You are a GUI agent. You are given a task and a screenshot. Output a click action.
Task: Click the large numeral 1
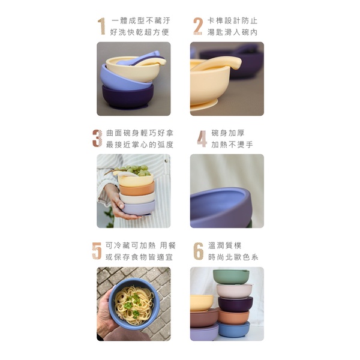[x=101, y=26]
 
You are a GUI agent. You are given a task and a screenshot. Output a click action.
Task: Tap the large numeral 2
[x=197, y=26]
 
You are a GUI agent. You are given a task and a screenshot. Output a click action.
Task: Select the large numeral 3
[x=97, y=138]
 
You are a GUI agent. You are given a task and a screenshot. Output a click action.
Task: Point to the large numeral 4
[x=202, y=139]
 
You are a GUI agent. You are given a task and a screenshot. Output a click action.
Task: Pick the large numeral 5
[x=97, y=251]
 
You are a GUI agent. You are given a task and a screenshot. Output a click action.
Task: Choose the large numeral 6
[x=199, y=251]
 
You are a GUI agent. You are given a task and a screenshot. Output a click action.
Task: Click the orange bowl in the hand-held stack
[x=137, y=189]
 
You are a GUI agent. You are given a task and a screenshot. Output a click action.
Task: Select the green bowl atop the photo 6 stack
[x=231, y=277]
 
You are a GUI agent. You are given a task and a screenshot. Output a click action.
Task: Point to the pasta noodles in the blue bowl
[x=134, y=302]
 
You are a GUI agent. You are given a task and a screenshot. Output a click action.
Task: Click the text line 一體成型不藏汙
[x=141, y=20]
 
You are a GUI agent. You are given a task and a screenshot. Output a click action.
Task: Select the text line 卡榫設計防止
[x=232, y=20]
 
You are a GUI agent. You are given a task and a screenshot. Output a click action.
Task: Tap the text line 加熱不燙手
[x=232, y=145]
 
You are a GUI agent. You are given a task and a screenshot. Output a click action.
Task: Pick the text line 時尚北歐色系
[x=233, y=257]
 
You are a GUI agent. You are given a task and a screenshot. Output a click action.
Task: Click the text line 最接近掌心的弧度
[x=140, y=145]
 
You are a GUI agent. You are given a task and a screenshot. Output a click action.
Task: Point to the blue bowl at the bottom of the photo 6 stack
[x=233, y=329]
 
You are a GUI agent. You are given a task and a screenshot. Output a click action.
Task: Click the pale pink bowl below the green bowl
[x=234, y=291]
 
